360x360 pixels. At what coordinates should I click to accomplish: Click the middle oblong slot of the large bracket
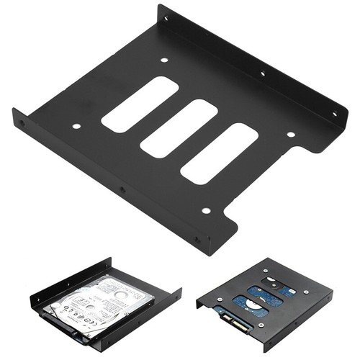coord(179,129)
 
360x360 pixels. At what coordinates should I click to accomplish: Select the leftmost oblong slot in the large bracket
coord(140,104)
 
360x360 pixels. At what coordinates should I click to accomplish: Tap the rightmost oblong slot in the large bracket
coord(219,153)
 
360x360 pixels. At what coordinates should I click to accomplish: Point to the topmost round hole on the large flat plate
coord(164,60)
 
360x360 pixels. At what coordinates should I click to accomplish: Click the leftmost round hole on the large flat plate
coord(76,127)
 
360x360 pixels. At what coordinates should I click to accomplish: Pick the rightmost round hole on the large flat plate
coord(291,134)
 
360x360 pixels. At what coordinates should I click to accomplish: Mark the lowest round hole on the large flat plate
coord(206,211)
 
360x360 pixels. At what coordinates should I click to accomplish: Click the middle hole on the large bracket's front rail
coord(122,190)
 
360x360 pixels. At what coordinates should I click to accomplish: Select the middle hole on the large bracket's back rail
coord(262,73)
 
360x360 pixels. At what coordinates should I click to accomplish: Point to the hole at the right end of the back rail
coord(333,114)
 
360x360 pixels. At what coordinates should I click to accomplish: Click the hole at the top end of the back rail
coord(166,19)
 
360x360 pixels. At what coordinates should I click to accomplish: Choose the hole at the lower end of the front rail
coord(199,238)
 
